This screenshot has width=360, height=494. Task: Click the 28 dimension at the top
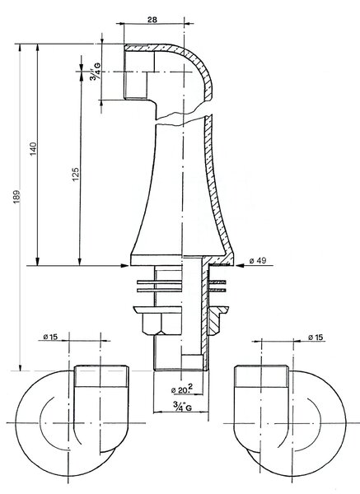152,20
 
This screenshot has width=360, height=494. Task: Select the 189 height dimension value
16,196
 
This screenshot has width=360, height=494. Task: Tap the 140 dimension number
34,149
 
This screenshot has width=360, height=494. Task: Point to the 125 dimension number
76,175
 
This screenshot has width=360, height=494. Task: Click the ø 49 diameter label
258,260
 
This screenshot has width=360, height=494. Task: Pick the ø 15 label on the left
50,337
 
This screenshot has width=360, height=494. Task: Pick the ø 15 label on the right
316,338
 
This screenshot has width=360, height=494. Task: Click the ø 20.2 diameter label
182,389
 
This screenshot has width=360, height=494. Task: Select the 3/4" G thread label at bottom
182,406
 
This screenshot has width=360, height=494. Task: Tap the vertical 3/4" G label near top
96,72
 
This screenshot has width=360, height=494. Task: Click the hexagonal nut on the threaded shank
161,324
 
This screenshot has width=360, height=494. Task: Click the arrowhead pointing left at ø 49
241,266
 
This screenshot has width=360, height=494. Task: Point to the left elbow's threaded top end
101,376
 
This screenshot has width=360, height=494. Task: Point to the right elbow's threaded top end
262,376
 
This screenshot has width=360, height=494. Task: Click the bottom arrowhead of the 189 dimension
20,366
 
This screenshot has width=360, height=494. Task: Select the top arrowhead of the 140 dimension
38,49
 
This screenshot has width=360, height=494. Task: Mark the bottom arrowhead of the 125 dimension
80,261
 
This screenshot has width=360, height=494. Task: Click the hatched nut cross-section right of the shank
217,320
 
